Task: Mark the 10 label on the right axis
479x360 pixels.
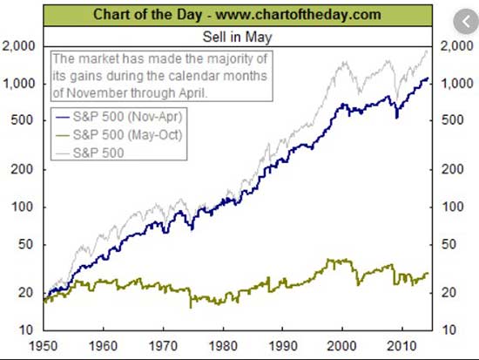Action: (x=449, y=329)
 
